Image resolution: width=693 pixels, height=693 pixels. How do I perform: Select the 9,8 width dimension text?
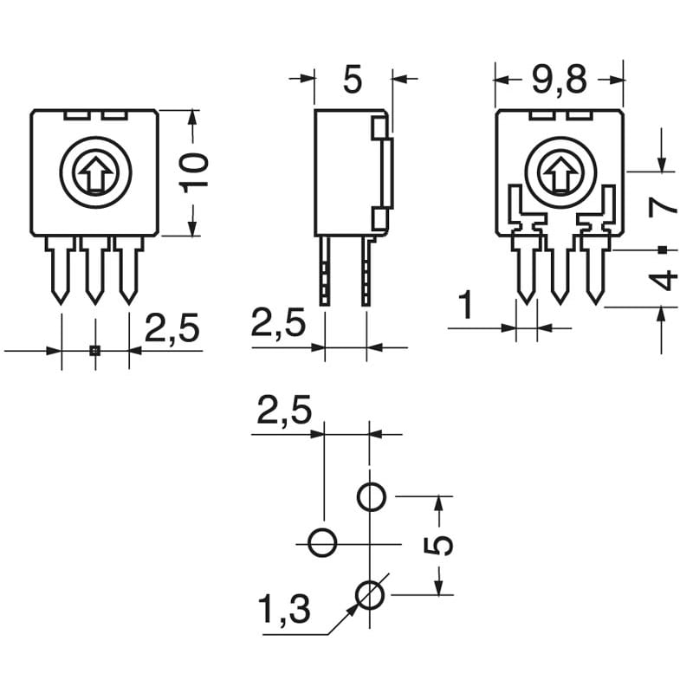(x=559, y=81)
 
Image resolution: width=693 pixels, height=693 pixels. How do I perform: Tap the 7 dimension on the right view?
(x=663, y=205)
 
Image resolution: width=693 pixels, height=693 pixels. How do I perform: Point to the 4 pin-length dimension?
(x=663, y=280)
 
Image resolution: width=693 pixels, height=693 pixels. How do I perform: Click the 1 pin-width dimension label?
(x=467, y=305)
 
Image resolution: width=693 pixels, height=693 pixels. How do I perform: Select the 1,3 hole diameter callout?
(x=284, y=611)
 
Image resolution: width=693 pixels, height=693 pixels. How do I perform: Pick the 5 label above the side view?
(x=352, y=80)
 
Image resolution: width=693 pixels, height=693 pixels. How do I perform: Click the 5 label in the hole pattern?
(x=442, y=545)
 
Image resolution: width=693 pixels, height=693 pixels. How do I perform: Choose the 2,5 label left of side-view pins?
(x=279, y=324)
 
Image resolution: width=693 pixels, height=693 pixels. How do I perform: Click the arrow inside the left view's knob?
(x=94, y=174)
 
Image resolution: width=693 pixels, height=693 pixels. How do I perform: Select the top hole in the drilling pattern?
(x=372, y=497)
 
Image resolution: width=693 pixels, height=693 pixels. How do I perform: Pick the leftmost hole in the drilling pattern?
(x=323, y=543)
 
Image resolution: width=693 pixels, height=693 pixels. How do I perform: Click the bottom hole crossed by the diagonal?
(x=372, y=593)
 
